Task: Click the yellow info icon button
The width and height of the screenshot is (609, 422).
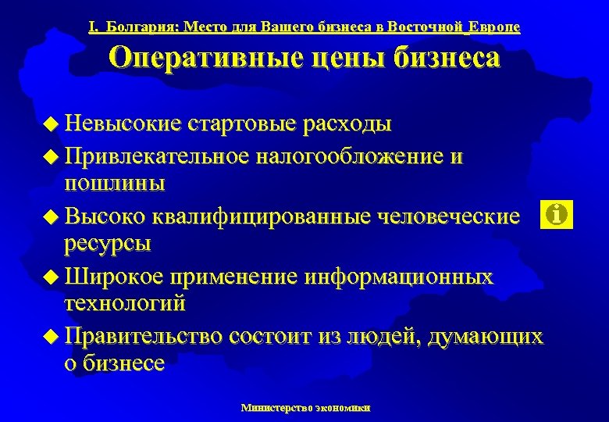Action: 556,214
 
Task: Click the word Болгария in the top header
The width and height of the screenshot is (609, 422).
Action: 141,27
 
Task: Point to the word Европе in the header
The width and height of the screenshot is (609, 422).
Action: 494,27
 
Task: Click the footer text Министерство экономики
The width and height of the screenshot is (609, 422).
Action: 306,407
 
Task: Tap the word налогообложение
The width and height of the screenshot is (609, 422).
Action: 351,157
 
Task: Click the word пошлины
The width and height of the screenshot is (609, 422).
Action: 114,184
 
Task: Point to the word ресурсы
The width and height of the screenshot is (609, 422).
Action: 107,243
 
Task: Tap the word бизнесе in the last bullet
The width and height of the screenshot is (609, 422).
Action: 123,363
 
